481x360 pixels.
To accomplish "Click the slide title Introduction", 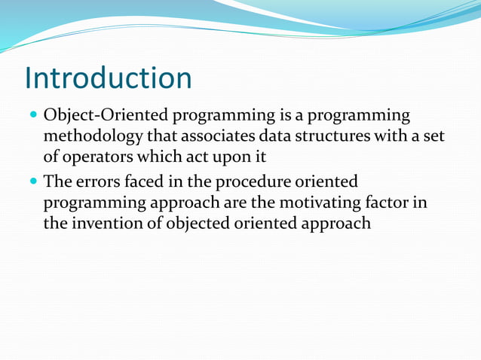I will pos(108,78).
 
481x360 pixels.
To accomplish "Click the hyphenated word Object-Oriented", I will pos(107,117).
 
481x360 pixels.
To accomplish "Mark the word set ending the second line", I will pos(433,138).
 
